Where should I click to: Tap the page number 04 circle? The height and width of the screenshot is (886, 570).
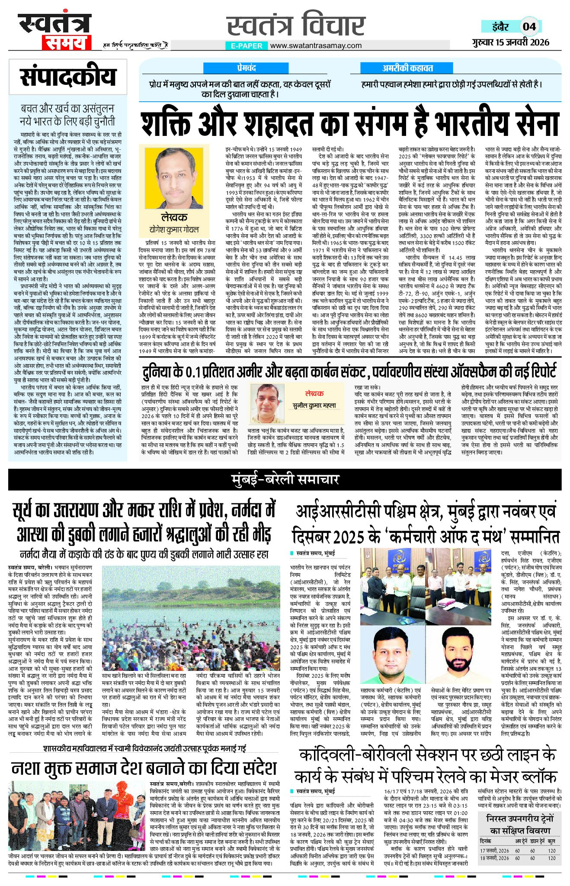coord(529,27)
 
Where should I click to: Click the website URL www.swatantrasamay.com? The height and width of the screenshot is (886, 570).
coord(316,45)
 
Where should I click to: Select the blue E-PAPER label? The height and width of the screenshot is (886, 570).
coord(247,46)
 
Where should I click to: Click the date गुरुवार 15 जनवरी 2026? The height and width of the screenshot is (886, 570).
coord(511,42)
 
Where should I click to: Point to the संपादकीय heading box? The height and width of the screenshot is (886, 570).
coord(68,77)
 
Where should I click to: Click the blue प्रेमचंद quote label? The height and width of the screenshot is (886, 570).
coord(246,68)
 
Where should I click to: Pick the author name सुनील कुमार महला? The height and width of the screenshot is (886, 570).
coord(314,406)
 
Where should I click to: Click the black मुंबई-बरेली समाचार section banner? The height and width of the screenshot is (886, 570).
coord(285,480)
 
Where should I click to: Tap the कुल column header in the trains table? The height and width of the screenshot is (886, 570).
coord(551,841)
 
